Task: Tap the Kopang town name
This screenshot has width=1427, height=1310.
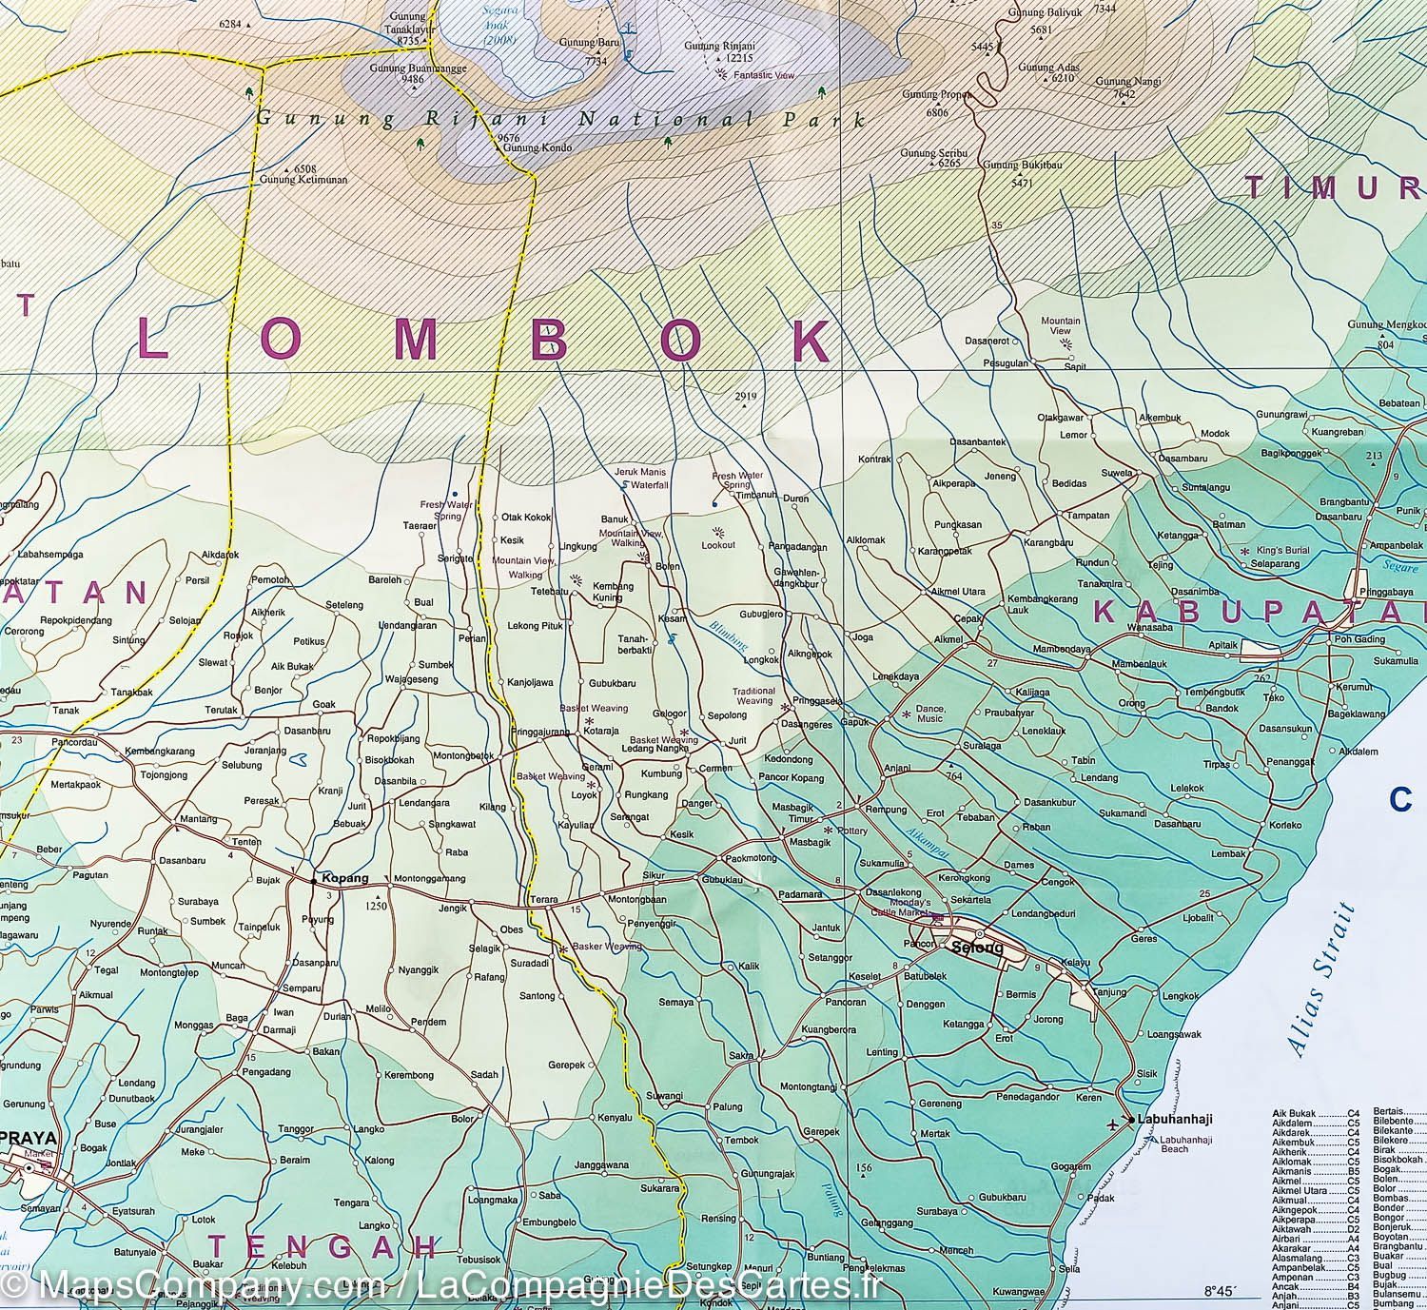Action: pos(344,878)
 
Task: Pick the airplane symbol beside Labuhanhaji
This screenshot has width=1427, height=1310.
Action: pos(1114,1121)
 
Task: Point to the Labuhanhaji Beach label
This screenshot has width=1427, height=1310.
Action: pos(1161,1144)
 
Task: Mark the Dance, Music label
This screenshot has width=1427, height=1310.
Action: pos(929,713)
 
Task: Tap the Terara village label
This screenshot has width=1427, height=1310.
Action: pos(543,899)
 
